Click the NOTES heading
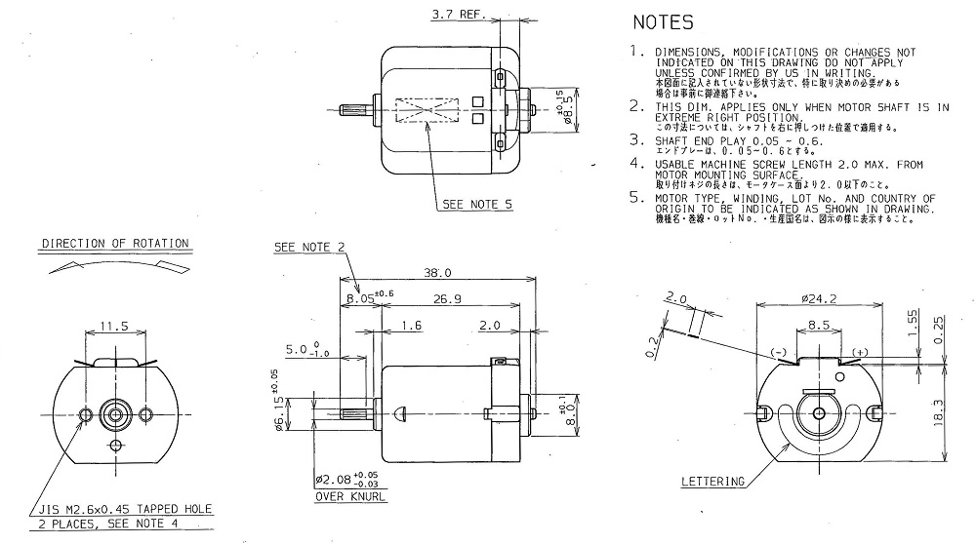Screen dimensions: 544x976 click(663, 21)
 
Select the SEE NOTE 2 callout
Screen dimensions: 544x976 click(309, 247)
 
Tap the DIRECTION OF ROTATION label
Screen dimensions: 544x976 click(115, 243)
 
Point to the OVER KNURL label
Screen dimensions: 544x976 click(348, 495)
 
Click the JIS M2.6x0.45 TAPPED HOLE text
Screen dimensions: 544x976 click(126, 510)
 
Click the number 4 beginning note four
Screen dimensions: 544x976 click(636, 166)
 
